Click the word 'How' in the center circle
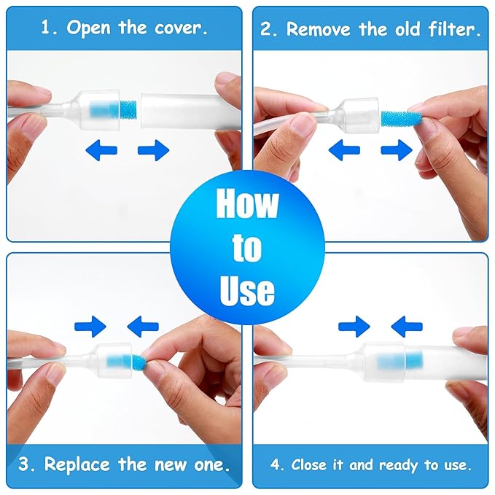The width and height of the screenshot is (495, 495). [x=247, y=204]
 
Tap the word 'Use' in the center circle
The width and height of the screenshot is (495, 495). [x=247, y=290]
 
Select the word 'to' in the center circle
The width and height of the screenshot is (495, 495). [x=247, y=248]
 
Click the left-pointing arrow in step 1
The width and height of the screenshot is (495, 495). [x=101, y=151]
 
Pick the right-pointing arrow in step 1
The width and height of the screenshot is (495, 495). [x=153, y=151]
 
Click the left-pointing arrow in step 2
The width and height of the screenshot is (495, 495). [x=344, y=151]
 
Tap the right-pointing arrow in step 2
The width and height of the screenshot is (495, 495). [x=397, y=151]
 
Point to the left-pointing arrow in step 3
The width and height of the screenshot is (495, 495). [x=143, y=326]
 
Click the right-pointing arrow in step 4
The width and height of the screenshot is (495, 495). [x=354, y=326]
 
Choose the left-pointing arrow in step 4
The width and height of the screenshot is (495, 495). [x=407, y=326]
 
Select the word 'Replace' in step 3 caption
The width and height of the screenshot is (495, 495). [x=76, y=464]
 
